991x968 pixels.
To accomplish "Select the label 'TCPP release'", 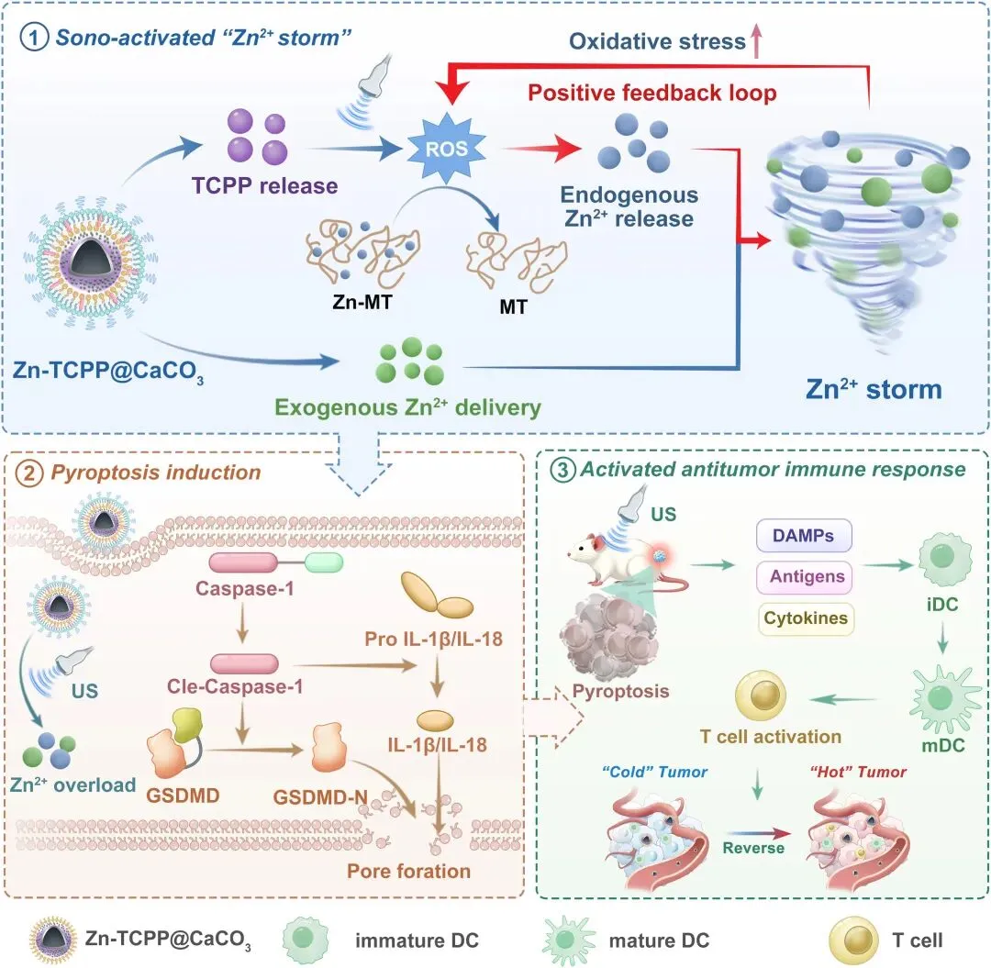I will pos(265,186).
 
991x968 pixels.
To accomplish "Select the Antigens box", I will pos(804,578).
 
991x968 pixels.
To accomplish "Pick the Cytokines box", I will pos(804,618).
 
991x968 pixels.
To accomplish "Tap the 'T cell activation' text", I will pos(757,737).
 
